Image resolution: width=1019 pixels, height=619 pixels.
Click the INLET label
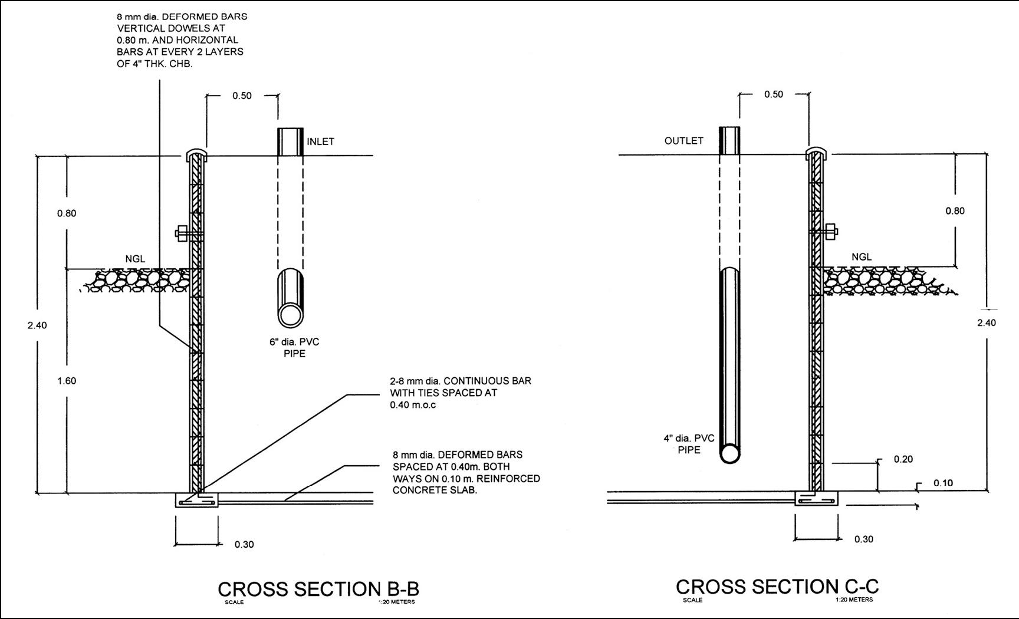click(320, 141)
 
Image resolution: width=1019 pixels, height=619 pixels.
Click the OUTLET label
click(683, 141)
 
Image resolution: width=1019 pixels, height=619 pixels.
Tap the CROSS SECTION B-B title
click(318, 589)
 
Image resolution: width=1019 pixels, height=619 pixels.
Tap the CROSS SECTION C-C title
click(777, 587)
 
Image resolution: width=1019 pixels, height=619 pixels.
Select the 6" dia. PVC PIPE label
click(294, 348)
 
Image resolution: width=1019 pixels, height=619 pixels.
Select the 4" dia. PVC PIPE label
click(689, 444)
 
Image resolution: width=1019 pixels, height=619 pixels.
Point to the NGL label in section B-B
click(135, 259)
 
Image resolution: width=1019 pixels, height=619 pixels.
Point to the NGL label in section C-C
click(862, 257)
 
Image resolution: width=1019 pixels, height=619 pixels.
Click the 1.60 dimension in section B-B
click(67, 381)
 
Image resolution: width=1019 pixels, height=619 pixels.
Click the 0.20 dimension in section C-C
click(903, 459)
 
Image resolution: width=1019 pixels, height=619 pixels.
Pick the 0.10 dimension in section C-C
click(943, 483)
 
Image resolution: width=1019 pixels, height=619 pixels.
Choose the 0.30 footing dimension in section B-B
click(244, 544)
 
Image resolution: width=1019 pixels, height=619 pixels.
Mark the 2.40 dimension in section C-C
click(986, 322)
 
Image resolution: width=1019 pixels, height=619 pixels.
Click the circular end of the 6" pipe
click(290, 314)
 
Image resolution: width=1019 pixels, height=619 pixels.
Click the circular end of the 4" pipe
click(729, 453)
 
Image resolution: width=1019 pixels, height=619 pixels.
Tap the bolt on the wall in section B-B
click(183, 233)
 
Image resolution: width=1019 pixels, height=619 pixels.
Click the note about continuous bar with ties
click(460, 393)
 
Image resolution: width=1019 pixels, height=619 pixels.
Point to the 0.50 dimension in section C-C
click(774, 94)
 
